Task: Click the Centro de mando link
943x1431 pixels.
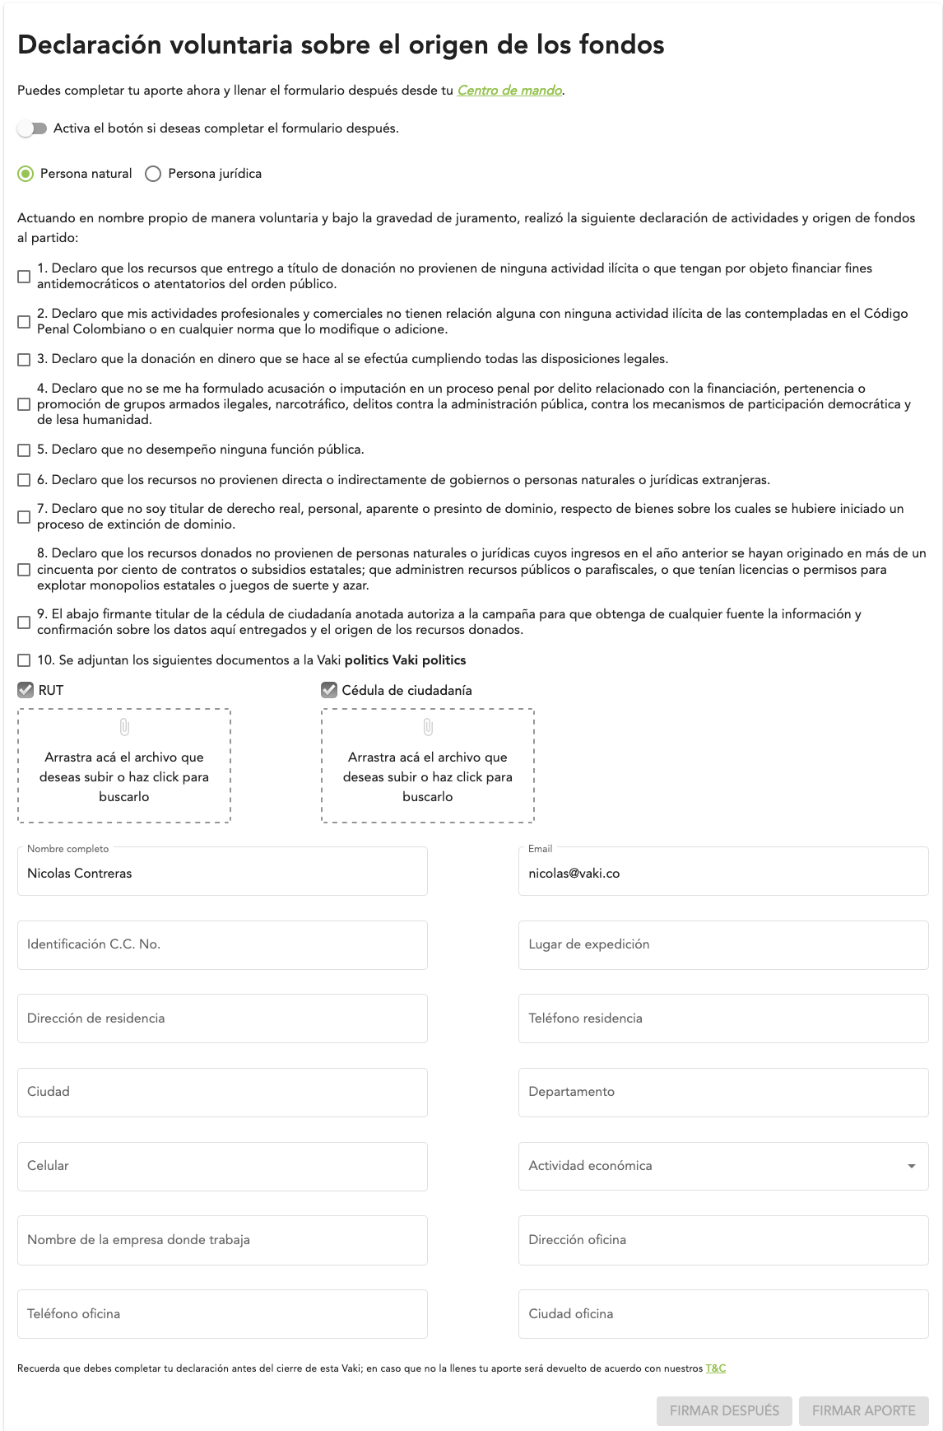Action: [x=509, y=91]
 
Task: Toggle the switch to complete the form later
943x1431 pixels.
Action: [x=32, y=128]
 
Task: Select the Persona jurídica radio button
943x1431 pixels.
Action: [x=153, y=174]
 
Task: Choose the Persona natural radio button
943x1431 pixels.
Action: [x=26, y=174]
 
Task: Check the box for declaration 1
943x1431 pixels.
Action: [x=24, y=277]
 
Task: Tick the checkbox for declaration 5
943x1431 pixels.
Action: [x=24, y=450]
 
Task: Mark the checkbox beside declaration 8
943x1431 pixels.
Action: [x=24, y=570]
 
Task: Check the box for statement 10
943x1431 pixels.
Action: [x=24, y=660]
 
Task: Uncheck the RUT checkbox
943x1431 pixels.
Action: [x=26, y=690]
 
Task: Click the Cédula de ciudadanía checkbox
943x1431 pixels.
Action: [x=329, y=690]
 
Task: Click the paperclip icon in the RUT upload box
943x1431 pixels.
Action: [x=124, y=727]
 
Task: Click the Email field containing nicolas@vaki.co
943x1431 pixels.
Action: [x=722, y=873]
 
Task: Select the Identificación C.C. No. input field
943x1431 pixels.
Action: [x=222, y=944]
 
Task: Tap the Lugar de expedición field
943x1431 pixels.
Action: [x=722, y=944]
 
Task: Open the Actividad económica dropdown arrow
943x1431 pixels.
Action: [x=911, y=1166]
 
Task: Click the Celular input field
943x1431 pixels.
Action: [x=222, y=1166]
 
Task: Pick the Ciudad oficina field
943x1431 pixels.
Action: [x=722, y=1314]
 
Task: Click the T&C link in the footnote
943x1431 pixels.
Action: [x=716, y=1368]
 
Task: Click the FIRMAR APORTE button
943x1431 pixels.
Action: [x=863, y=1410]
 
